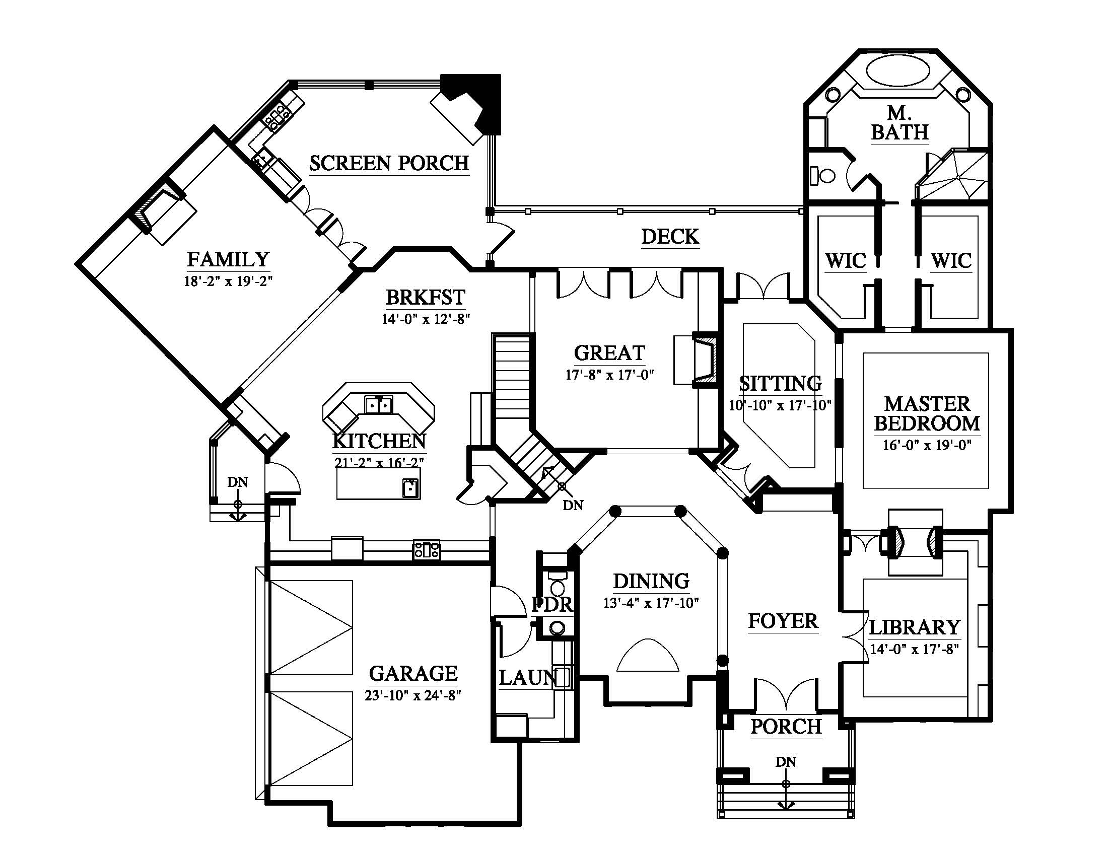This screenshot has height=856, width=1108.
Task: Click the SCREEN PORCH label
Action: pyautogui.click(x=389, y=163)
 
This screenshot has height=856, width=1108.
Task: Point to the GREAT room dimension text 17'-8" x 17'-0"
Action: pyautogui.click(x=610, y=375)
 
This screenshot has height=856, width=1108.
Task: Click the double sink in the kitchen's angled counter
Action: pyautogui.click(x=378, y=405)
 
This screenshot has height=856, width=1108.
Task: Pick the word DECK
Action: pyautogui.click(x=670, y=237)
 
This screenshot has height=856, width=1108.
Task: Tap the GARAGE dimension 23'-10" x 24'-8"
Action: pyautogui.click(x=412, y=695)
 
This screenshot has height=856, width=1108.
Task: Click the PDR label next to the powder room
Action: pyautogui.click(x=552, y=604)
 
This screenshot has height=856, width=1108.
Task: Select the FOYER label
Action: pyautogui.click(x=783, y=621)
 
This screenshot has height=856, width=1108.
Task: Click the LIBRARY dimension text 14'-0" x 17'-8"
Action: pyautogui.click(x=914, y=649)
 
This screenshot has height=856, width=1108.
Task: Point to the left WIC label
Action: pyautogui.click(x=845, y=261)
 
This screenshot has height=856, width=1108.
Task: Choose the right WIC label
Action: pyautogui.click(x=951, y=261)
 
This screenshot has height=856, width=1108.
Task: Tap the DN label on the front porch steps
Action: pyautogui.click(x=785, y=762)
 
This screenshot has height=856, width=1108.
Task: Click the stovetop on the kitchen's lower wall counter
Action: pyautogui.click(x=427, y=550)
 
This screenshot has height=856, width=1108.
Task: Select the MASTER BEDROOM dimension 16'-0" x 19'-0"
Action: pyautogui.click(x=927, y=446)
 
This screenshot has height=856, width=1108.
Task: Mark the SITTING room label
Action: pyautogui.click(x=780, y=383)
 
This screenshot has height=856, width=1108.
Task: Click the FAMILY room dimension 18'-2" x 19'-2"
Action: pyautogui.click(x=228, y=281)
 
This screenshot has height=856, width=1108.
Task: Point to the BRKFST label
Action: pyautogui.click(x=426, y=297)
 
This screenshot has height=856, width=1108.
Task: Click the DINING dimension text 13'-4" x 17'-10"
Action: pyautogui.click(x=651, y=603)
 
